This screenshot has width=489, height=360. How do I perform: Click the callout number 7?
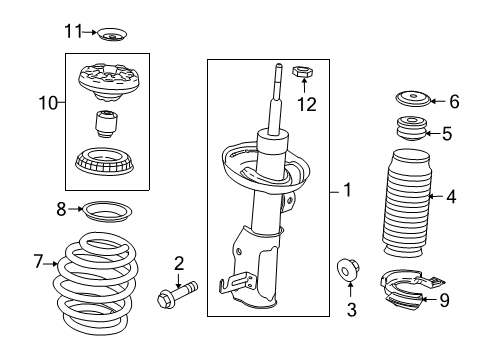(39, 263)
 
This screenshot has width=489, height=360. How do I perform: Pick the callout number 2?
(178, 263)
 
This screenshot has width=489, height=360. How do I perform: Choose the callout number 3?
(350, 311)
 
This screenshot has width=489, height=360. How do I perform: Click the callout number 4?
(451, 197)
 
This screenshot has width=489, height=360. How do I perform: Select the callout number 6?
(453, 101)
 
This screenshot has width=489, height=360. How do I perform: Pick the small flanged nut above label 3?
(351, 270)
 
